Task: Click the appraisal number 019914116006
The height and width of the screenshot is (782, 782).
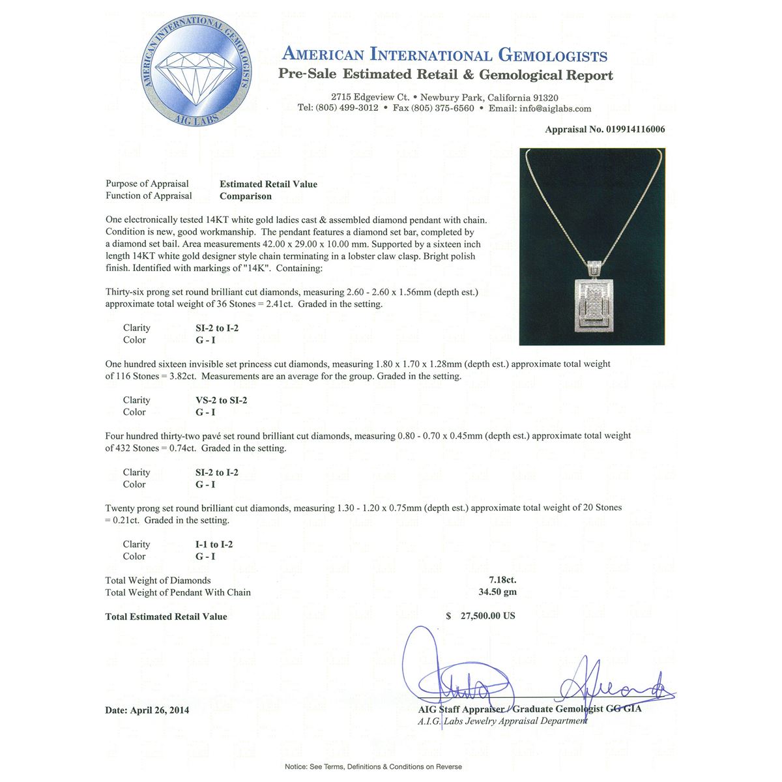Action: click(626, 129)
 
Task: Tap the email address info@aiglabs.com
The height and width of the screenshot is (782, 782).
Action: click(555, 108)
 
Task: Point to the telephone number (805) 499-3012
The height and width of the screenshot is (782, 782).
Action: click(347, 108)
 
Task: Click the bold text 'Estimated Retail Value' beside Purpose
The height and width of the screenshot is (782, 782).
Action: click(268, 184)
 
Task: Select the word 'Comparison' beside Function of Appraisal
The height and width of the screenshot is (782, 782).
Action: click(246, 196)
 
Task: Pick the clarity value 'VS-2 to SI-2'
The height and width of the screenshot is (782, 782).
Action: click(222, 400)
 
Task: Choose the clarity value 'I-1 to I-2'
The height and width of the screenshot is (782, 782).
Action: click(214, 544)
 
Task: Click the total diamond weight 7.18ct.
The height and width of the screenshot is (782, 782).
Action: click(502, 580)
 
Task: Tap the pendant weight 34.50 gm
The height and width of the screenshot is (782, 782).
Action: click(497, 592)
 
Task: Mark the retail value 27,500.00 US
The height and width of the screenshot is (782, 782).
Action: click(487, 616)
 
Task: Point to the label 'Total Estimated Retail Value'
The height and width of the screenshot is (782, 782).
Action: click(166, 616)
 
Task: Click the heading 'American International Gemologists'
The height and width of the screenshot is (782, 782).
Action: click(445, 55)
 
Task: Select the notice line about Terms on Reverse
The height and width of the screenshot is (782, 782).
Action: click(373, 766)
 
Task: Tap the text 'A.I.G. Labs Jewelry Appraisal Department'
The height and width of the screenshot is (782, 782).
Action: click(502, 721)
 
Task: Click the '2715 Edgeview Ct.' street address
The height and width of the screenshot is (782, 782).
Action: click(369, 97)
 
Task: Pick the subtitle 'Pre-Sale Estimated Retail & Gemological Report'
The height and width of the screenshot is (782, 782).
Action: click(446, 74)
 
